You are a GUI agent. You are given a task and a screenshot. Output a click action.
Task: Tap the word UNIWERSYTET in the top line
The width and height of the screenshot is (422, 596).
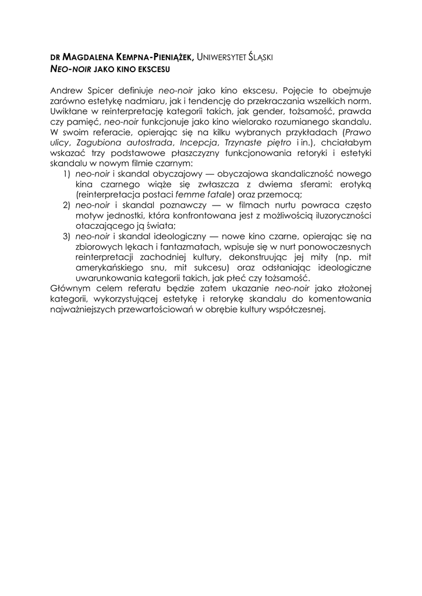[x=221, y=57]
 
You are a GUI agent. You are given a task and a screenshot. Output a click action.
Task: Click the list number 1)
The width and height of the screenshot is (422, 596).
[x=66, y=174]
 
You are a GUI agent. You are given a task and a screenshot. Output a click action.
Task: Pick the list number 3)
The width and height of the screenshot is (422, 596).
[x=66, y=237]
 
